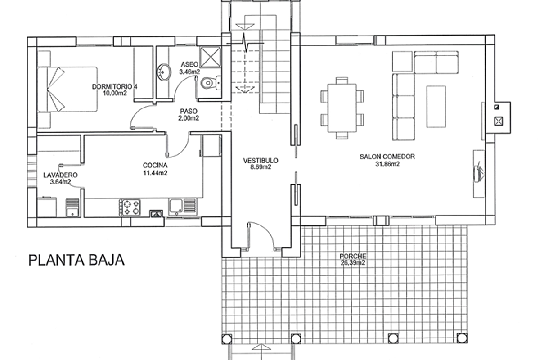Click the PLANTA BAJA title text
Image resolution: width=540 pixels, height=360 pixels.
point(76,260)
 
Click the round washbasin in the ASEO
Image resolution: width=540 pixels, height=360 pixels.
point(164,72)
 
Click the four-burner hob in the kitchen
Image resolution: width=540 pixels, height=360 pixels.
point(130,207)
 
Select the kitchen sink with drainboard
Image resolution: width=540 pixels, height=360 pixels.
point(183,206)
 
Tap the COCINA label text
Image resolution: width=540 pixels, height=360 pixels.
point(155,165)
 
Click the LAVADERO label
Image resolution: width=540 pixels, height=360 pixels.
point(60,175)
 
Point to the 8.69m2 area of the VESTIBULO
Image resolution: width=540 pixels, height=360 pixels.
point(261,167)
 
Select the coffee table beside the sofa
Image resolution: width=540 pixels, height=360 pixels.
point(436,107)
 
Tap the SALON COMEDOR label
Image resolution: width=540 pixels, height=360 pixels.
point(387,157)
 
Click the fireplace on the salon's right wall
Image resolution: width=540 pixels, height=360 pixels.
point(499,117)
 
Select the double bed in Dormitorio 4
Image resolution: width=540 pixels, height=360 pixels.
point(67,90)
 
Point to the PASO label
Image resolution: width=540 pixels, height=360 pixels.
point(189,111)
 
